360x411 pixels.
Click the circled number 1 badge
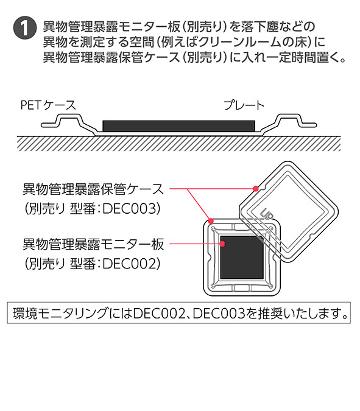pos(24,28)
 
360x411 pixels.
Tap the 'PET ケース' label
pos(48,105)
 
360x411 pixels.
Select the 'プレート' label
pos(244,105)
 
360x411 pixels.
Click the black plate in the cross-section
pos(179,126)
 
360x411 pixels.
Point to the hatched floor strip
pos(179,144)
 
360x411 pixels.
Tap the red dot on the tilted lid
pos(256,189)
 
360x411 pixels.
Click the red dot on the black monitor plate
pos(222,244)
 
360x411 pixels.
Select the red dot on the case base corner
pos(211,221)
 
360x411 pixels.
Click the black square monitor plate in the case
pos(241,257)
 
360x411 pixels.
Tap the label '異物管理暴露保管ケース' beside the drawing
pos(93,189)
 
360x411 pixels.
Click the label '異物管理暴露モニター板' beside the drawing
pos(93,244)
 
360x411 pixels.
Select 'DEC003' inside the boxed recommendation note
pos(219,313)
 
